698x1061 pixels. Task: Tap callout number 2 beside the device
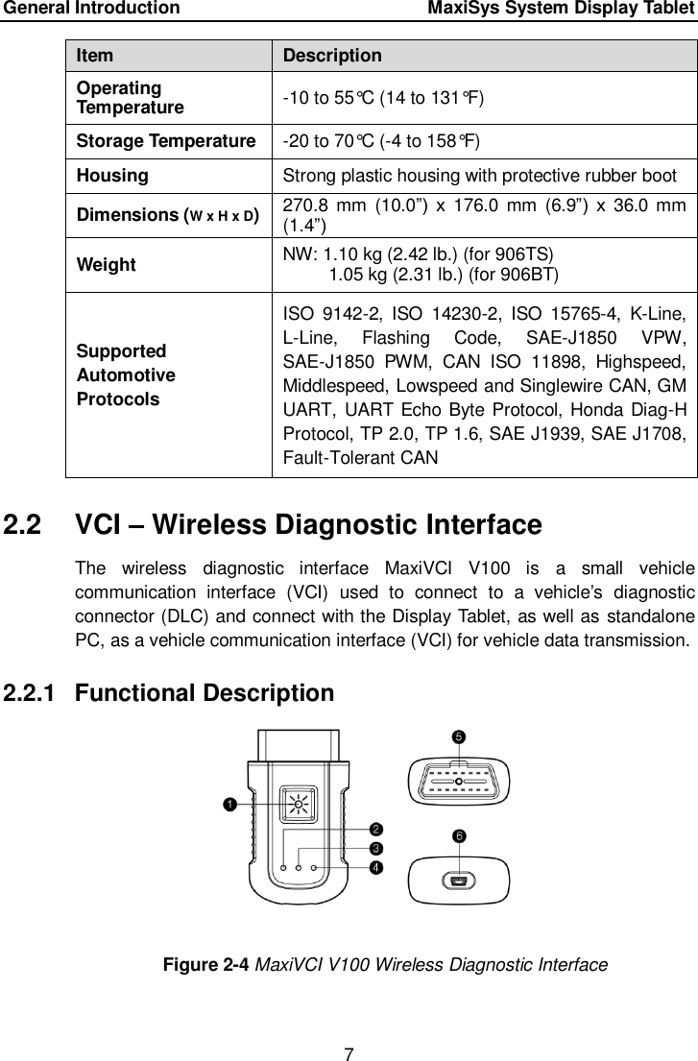[376, 829]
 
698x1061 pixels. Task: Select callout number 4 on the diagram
[376, 867]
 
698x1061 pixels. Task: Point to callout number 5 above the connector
[459, 736]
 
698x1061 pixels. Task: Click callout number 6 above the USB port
[460, 835]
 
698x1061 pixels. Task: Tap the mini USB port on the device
[459, 880]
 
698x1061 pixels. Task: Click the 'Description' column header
[331, 56]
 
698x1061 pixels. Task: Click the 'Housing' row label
[113, 176]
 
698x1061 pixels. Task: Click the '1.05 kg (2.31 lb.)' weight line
[445, 273]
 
